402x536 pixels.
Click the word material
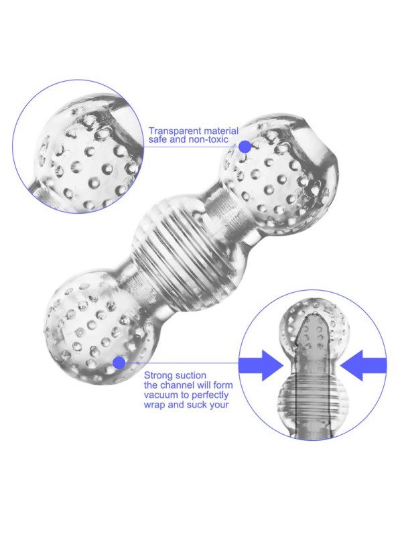click(x=221, y=131)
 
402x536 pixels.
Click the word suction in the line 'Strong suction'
click(x=190, y=376)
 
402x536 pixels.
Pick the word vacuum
click(x=160, y=395)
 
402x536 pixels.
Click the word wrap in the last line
click(x=155, y=405)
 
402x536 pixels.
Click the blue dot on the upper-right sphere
click(x=245, y=147)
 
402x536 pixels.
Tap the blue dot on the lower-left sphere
click(x=119, y=362)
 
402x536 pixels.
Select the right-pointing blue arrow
click(x=261, y=365)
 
